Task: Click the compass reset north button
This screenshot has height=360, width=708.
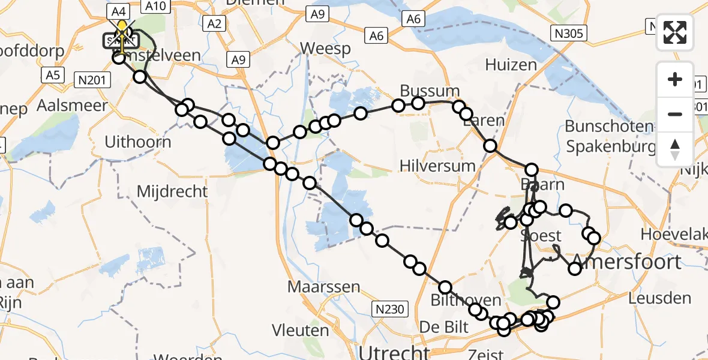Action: (675, 148)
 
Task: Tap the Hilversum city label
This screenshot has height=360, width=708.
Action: (437, 166)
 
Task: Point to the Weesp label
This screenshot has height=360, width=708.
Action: (325, 48)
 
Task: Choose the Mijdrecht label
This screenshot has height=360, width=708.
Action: (172, 191)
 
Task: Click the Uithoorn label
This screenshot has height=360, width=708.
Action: (138, 142)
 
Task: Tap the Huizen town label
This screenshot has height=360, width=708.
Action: (511, 64)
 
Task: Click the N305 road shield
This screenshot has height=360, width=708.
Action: (568, 33)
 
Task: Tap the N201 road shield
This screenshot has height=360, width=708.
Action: (91, 79)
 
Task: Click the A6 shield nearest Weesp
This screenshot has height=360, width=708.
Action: (376, 37)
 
